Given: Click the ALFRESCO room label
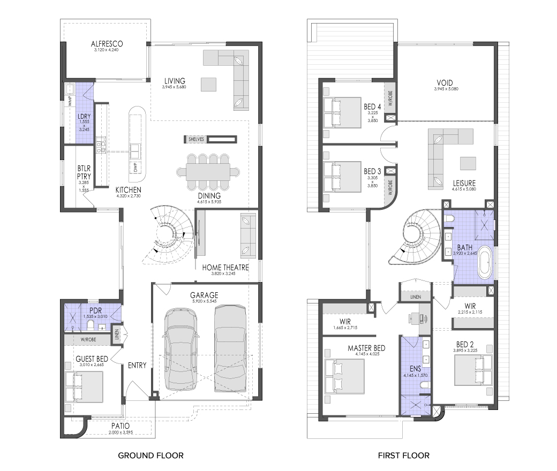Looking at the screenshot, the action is (107, 44).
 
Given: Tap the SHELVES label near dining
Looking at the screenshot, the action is (196, 140).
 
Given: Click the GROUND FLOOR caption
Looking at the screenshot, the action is (150, 455).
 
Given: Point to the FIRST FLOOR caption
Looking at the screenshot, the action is (403, 455).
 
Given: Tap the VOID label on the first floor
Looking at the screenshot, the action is (445, 83).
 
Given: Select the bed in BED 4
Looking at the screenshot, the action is (342, 112).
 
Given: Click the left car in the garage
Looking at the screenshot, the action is (180, 350).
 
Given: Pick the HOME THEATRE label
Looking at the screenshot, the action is (225, 268).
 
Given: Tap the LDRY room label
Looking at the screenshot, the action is (84, 117).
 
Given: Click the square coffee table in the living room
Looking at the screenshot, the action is (208, 85).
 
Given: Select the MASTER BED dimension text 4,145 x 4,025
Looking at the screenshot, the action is (367, 354).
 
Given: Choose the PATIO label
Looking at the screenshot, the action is (121, 426).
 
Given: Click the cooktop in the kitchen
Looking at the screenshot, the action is (101, 147).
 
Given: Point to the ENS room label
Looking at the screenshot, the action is (415, 369).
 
